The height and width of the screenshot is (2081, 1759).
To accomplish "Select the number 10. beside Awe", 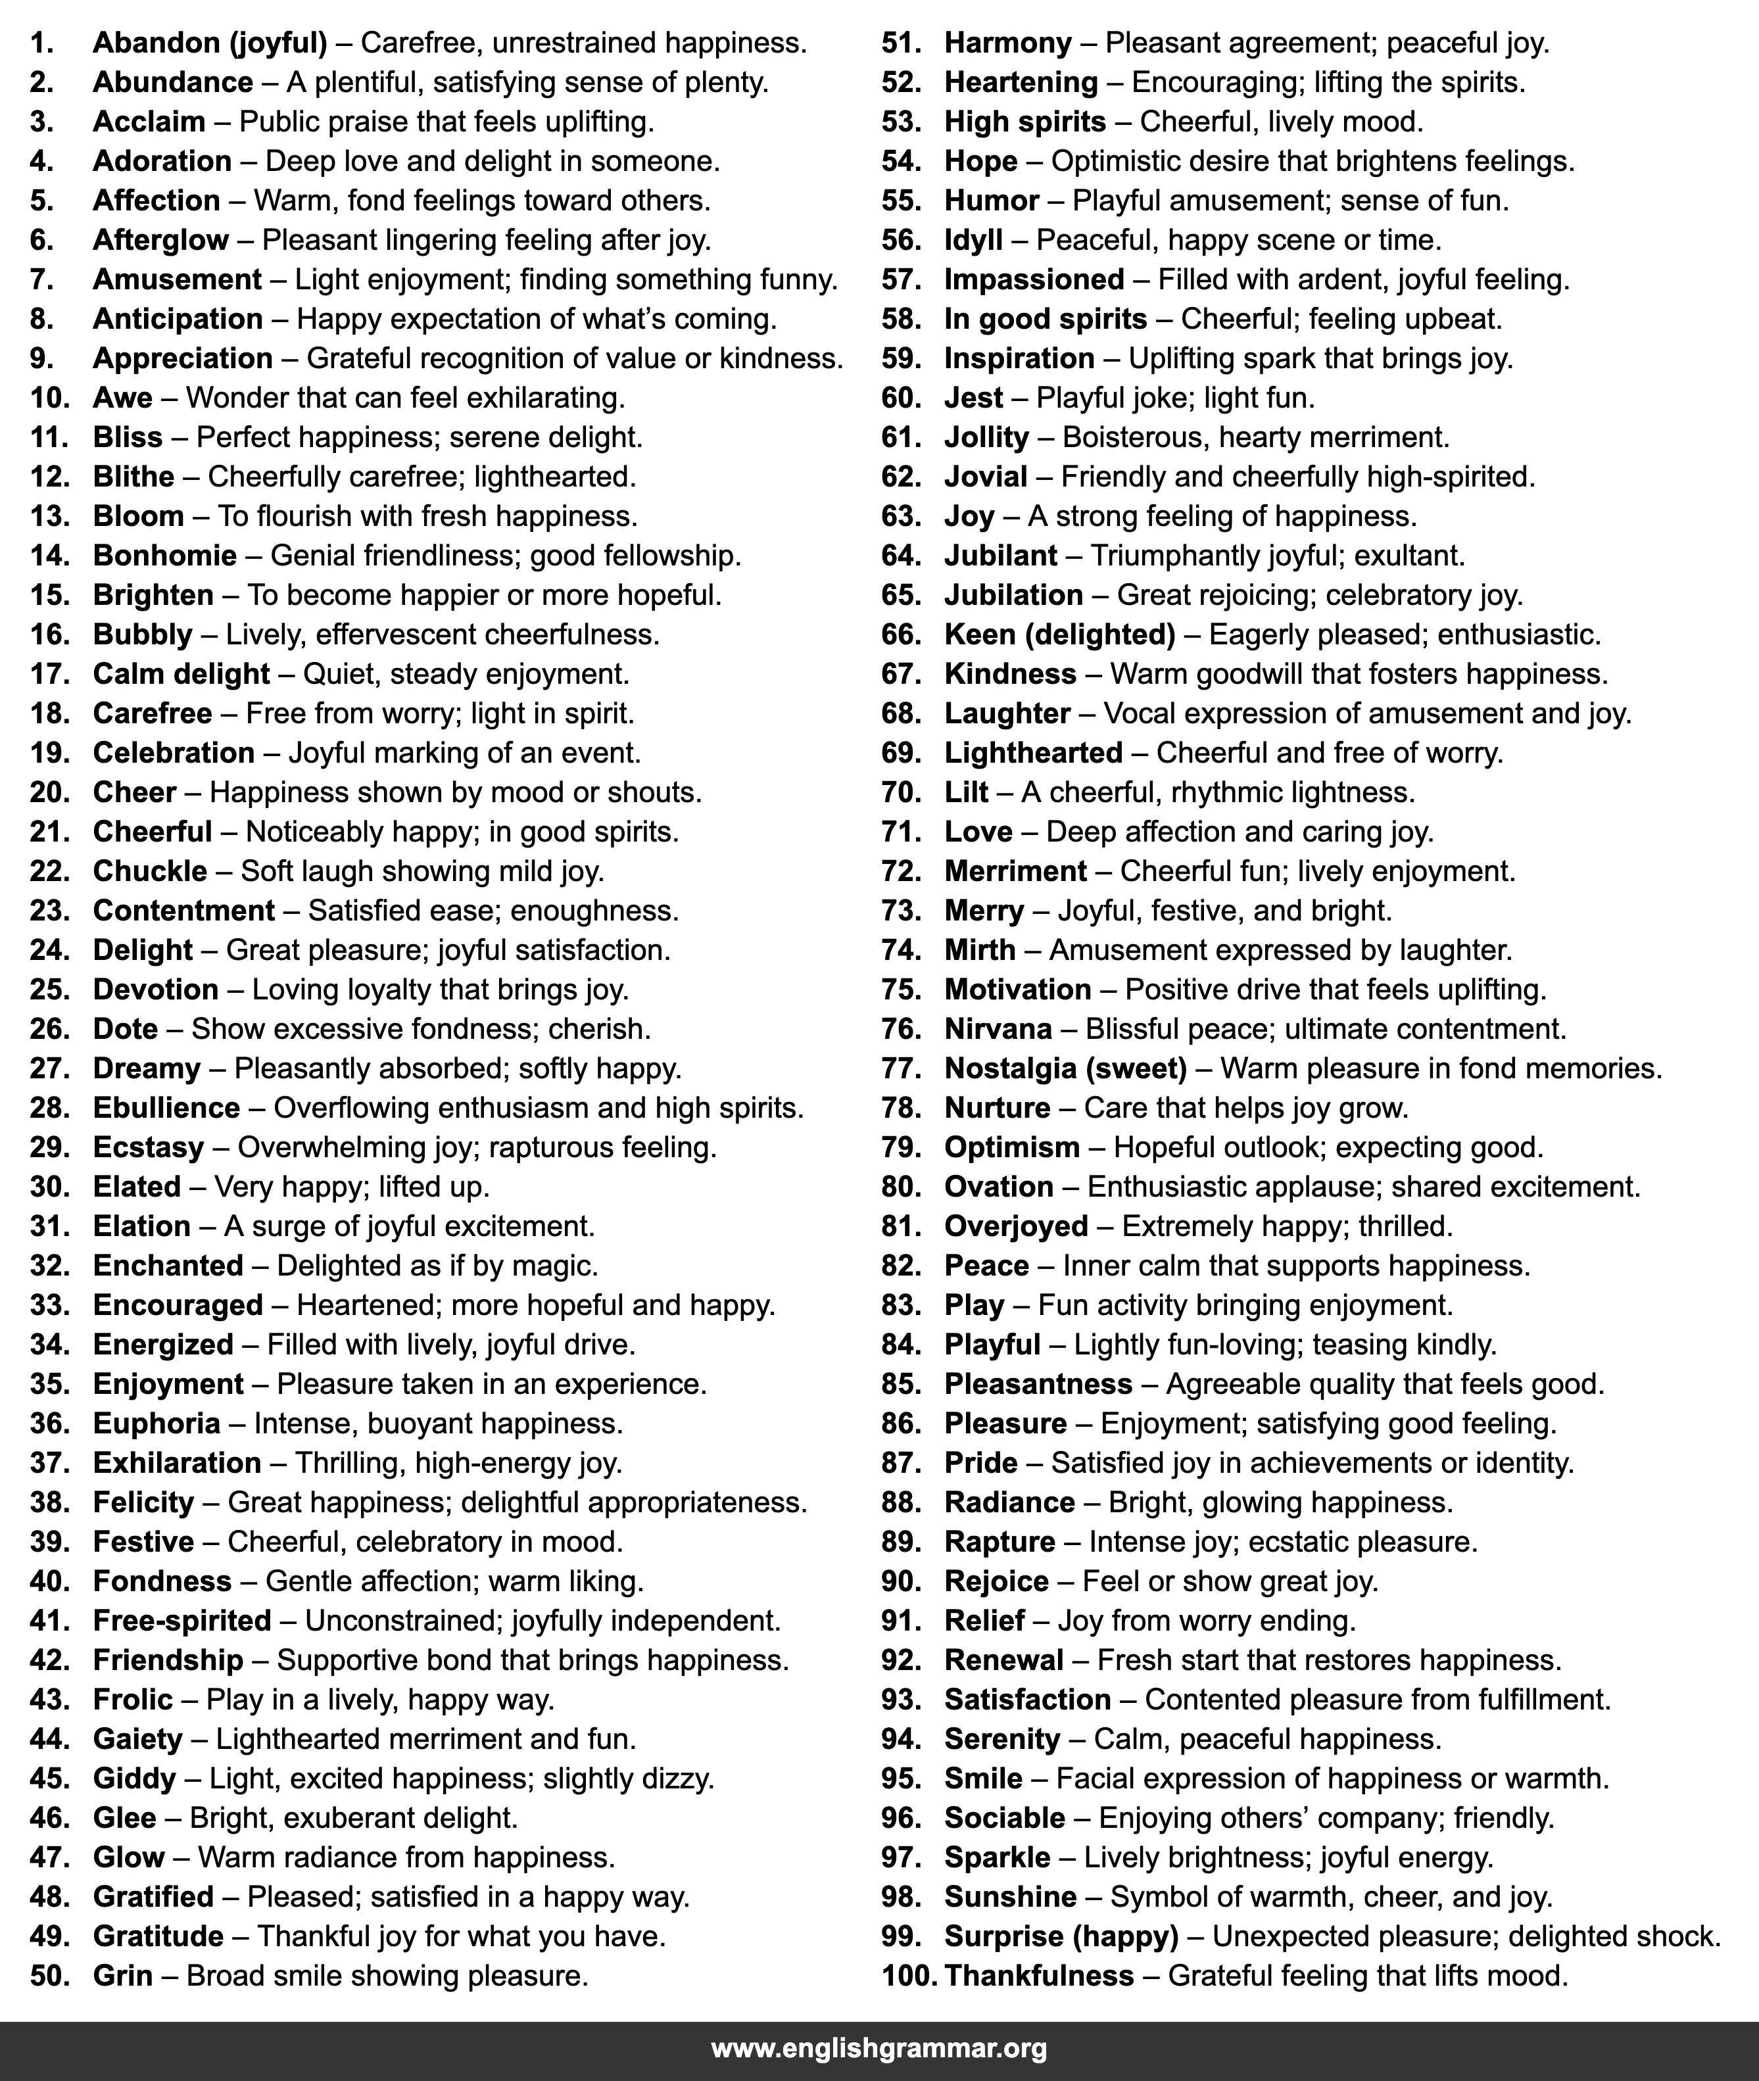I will (x=50, y=398).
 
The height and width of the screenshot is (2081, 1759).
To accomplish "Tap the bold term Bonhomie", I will (x=164, y=556).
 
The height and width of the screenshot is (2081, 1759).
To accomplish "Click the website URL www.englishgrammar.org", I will (x=879, y=2048).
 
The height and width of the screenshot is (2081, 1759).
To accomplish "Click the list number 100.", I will (x=907, y=1975).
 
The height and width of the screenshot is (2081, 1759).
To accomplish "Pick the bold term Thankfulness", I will (x=1038, y=1975).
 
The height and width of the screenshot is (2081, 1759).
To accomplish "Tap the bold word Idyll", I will (x=973, y=240).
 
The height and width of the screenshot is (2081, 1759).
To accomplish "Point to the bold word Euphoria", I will (x=156, y=1424).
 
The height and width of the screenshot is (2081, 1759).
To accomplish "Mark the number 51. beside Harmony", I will (x=902, y=44).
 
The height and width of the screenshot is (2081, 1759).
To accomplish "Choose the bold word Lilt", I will (x=965, y=793).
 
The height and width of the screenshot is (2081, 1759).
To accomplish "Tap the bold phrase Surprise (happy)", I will (x=1061, y=1936).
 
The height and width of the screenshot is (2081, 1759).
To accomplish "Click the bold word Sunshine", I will (x=1010, y=1896).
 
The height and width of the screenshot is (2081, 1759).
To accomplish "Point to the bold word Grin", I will (x=123, y=1975).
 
